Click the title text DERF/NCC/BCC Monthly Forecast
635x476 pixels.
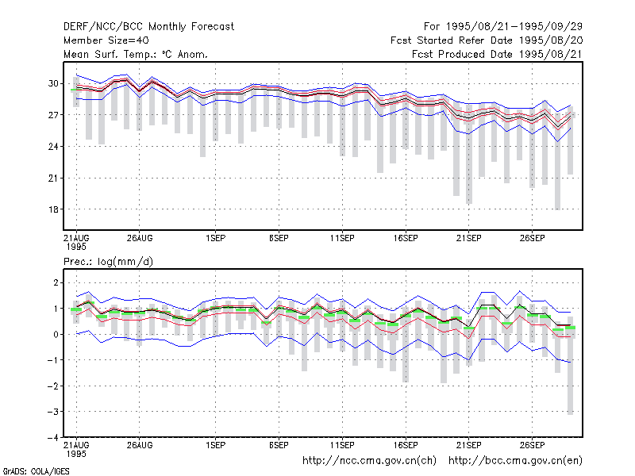(148, 27)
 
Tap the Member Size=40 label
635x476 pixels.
(106, 40)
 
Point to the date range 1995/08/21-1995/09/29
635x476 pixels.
(514, 27)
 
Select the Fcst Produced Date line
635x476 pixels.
(498, 54)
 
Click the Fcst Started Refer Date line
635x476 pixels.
(487, 40)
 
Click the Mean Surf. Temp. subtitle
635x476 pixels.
(136, 54)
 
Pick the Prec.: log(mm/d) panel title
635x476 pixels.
(108, 262)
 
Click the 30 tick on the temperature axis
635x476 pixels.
(53, 83)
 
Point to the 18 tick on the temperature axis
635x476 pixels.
(53, 209)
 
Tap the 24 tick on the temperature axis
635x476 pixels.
(53, 147)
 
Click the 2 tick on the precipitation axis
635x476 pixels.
(56, 282)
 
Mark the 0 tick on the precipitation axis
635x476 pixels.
(56, 334)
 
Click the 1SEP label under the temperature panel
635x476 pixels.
(215, 239)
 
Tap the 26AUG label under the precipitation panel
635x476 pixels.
(140, 445)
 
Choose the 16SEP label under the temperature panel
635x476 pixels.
(406, 239)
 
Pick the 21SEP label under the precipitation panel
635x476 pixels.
(469, 445)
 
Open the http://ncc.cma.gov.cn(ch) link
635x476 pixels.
(369, 461)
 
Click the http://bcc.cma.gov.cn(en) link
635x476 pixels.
(515, 461)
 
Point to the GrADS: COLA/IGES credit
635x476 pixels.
(36, 471)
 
